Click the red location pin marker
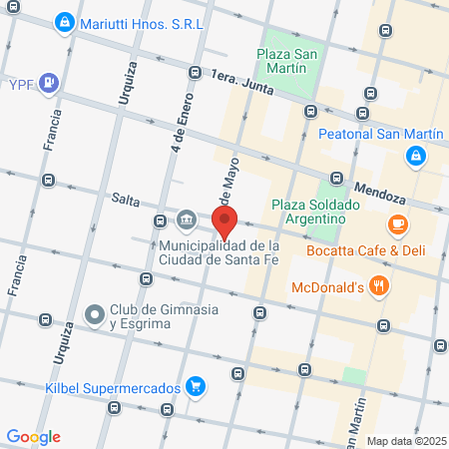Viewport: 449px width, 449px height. [224, 221]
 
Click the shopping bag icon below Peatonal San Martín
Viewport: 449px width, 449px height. [415, 156]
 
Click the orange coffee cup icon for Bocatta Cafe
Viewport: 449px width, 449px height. [398, 224]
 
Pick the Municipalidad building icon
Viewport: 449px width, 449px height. [187, 220]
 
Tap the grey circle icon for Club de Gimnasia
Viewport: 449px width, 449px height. [95, 315]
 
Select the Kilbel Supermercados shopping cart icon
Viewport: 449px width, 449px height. [196, 387]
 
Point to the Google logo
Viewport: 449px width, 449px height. [33, 437]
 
